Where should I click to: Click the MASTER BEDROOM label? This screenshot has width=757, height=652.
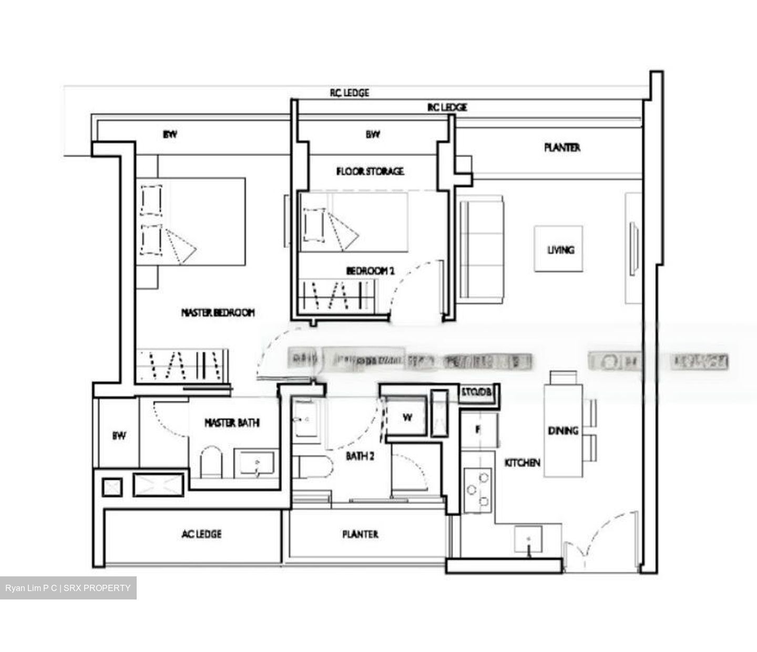(218, 313)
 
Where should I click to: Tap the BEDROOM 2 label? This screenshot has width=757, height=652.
(370, 271)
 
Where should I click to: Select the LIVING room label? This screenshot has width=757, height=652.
(560, 250)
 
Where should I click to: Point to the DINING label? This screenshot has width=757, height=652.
(563, 431)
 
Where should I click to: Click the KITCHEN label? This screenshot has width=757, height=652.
(522, 463)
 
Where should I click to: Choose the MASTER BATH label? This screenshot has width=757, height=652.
(232, 422)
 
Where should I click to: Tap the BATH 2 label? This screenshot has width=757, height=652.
(360, 456)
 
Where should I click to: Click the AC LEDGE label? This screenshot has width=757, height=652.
(201, 534)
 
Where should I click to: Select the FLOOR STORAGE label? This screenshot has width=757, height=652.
(370, 171)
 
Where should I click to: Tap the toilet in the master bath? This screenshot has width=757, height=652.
(211, 462)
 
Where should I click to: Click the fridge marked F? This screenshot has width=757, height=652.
(478, 430)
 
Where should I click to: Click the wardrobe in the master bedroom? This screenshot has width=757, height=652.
(182, 365)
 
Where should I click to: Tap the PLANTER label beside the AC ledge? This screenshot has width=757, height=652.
(360, 534)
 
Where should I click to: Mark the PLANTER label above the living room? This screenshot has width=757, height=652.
(562, 148)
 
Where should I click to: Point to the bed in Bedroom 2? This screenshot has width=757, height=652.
(354, 222)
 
